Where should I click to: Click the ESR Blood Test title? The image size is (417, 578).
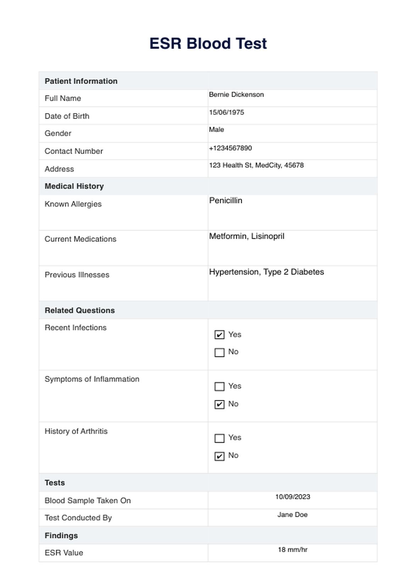pos(208,44)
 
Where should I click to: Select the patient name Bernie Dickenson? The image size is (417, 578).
pos(236,95)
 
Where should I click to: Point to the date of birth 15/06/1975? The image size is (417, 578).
pos(226,112)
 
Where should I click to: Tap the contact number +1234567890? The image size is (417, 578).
pos(230,148)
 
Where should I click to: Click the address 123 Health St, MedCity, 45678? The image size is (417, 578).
pos(256,165)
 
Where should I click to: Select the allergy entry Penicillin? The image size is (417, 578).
pos(226,201)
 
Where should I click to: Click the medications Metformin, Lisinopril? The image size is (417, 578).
pos(246,236)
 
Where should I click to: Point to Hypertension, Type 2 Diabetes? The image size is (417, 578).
pos(266,272)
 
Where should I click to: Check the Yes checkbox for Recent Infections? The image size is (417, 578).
pos(219,335)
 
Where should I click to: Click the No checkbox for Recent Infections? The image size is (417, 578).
pos(219,352)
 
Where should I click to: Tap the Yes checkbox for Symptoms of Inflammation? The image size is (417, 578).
pos(219,386)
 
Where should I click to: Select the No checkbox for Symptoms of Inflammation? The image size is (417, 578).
pos(219,404)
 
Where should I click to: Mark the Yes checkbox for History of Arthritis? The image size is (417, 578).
pos(219,438)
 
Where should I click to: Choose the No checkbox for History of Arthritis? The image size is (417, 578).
pos(219,456)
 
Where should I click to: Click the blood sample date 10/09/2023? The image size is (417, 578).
pos(293,497)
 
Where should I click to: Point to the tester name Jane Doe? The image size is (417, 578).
pos(292,515)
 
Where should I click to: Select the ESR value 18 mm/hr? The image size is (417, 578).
pos(293,550)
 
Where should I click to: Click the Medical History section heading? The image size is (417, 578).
pos(74,186)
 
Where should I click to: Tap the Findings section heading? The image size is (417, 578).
pos(61,535)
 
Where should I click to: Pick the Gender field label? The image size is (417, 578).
pos(58,133)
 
